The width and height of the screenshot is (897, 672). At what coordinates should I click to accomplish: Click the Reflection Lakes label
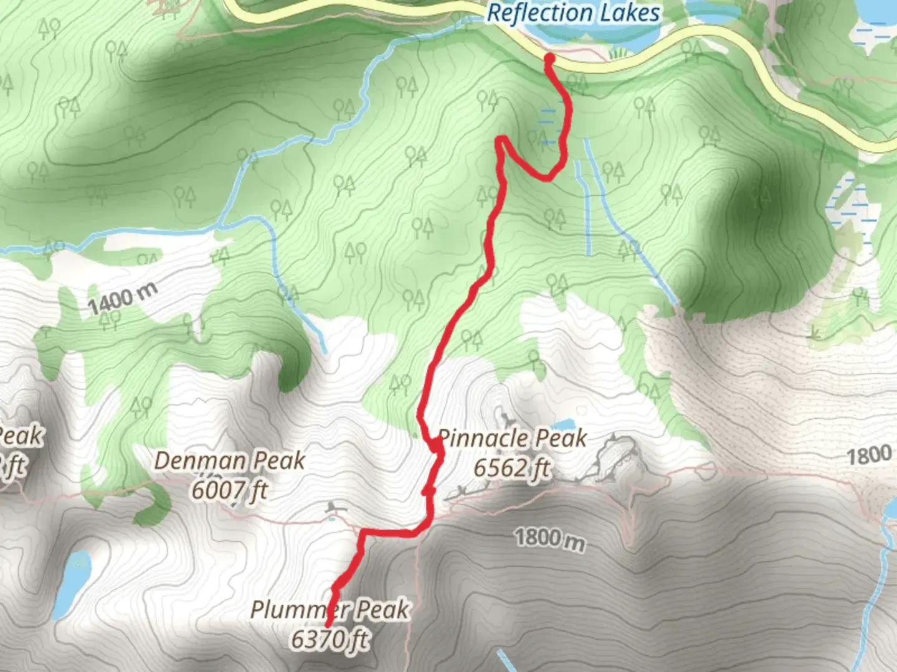click(573, 14)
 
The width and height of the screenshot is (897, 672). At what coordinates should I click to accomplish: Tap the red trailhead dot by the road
click(549, 59)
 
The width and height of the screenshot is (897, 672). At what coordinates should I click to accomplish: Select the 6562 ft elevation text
click(512, 468)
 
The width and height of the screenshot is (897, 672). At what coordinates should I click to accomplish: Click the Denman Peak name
click(229, 461)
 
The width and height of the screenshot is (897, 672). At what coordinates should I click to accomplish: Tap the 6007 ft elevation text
click(229, 491)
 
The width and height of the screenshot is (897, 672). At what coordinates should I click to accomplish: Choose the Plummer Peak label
click(330, 609)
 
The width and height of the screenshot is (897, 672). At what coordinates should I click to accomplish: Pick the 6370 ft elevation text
click(330, 639)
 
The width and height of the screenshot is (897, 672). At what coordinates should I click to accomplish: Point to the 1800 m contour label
click(549, 538)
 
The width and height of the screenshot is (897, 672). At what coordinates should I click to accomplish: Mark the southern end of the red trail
click(328, 623)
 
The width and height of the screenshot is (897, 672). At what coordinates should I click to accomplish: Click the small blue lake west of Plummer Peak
click(70, 585)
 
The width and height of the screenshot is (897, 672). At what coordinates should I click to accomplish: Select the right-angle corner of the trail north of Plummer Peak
click(362, 533)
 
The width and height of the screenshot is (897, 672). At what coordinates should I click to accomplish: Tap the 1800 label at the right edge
click(868, 455)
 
